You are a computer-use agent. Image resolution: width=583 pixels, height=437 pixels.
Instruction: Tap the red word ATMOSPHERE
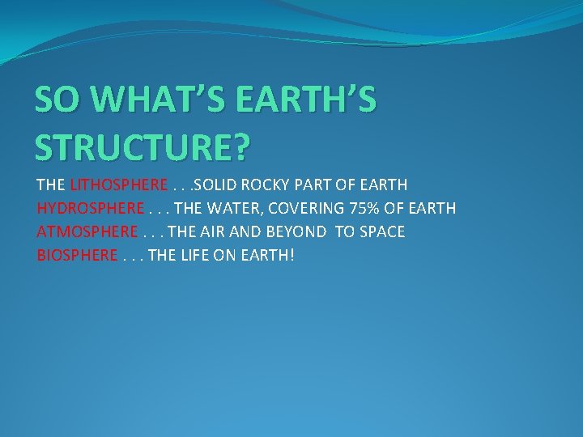(x=87, y=232)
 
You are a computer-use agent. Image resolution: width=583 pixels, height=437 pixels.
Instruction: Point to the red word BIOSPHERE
(x=78, y=256)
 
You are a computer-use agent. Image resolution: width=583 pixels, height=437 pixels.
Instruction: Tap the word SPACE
(x=381, y=232)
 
